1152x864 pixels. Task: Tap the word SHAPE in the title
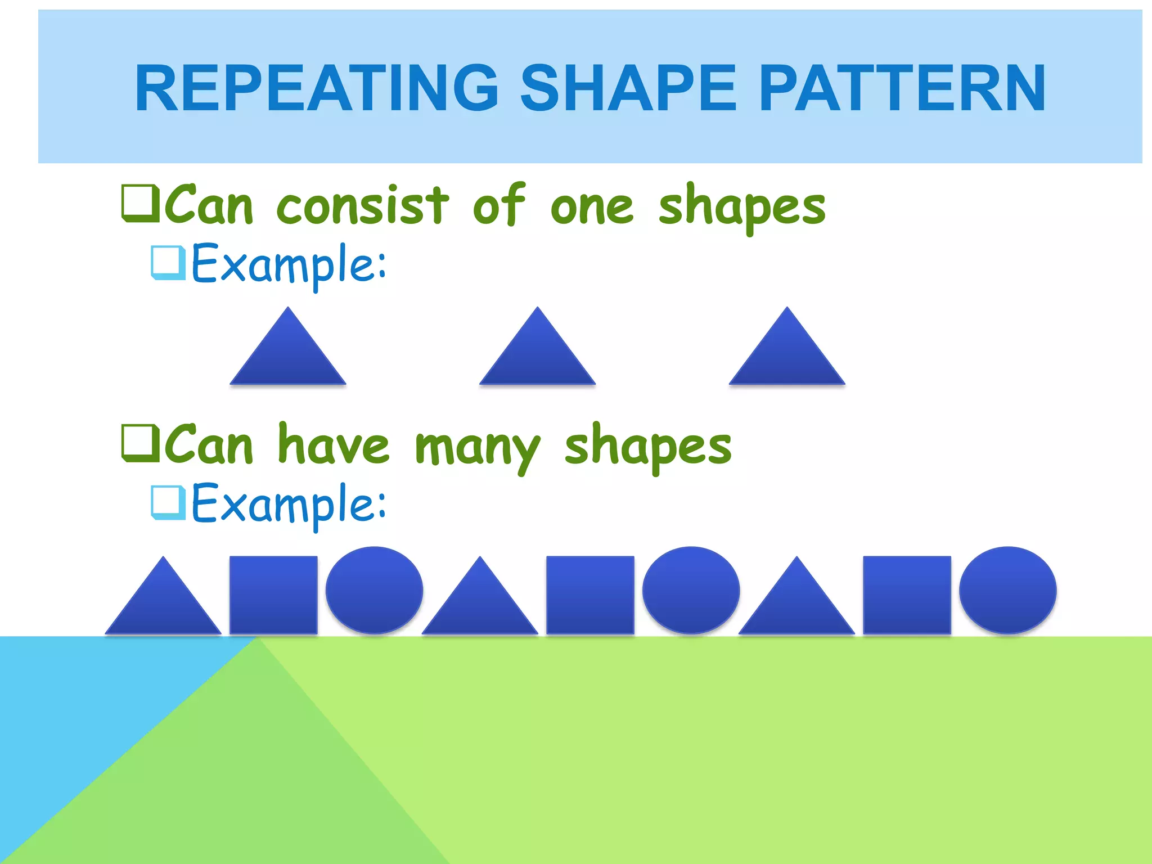click(628, 88)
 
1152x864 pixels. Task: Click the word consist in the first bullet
click(363, 206)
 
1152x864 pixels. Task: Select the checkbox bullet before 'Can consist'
click(140, 202)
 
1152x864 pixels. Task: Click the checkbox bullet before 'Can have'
click(140, 443)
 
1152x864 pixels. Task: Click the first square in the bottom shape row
click(273, 595)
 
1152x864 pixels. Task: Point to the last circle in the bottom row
click(1007, 590)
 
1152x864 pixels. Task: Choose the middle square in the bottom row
click(590, 595)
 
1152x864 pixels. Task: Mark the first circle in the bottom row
click(374, 590)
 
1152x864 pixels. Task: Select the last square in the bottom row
click(907, 595)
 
